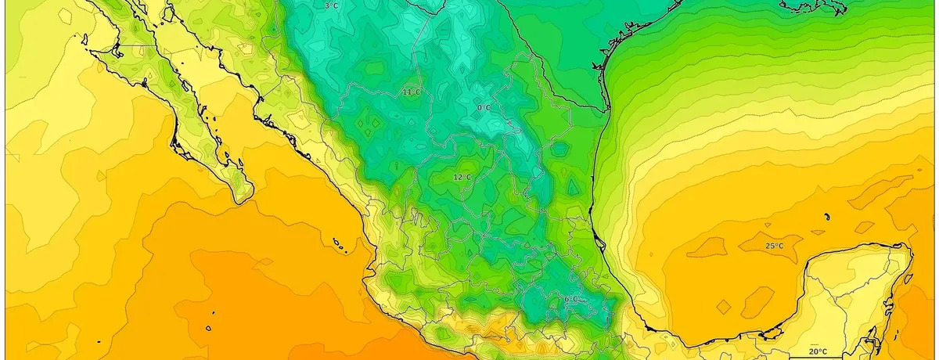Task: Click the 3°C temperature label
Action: click(331, 6)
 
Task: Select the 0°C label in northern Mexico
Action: click(484, 107)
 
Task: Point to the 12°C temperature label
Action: click(462, 178)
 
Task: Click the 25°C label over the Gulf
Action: click(774, 247)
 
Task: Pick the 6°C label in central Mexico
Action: click(572, 299)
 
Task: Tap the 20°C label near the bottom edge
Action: click(818, 351)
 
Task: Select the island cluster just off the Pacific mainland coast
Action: click(340, 247)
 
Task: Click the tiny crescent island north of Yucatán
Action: click(826, 217)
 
